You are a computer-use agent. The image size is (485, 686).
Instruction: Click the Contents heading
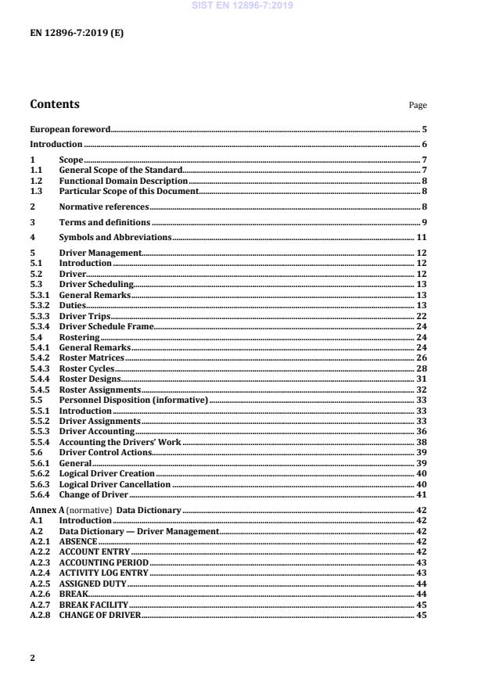(54, 104)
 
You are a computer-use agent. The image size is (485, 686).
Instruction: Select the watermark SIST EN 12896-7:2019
(242, 6)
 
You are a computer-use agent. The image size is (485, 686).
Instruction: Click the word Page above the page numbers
(419, 106)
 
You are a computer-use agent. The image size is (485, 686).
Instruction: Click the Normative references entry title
(103, 207)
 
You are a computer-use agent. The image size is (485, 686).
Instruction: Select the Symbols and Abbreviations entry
(115, 237)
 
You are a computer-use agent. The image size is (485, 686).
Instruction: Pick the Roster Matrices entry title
(92, 357)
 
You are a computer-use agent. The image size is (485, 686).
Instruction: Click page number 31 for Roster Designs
(421, 379)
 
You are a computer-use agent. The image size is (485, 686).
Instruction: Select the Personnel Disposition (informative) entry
(134, 400)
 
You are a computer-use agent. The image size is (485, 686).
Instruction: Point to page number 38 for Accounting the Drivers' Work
(421, 442)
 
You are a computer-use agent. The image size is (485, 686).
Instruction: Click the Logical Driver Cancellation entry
(114, 484)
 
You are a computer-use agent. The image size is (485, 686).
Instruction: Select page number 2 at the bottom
(33, 658)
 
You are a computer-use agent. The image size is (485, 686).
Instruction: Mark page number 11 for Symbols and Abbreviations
(421, 237)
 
